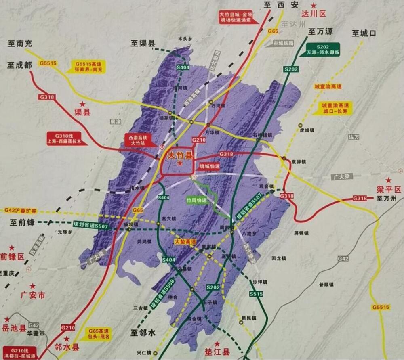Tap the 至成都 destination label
(19, 65)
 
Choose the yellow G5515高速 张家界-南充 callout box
(89, 67)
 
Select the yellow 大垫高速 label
(185, 242)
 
